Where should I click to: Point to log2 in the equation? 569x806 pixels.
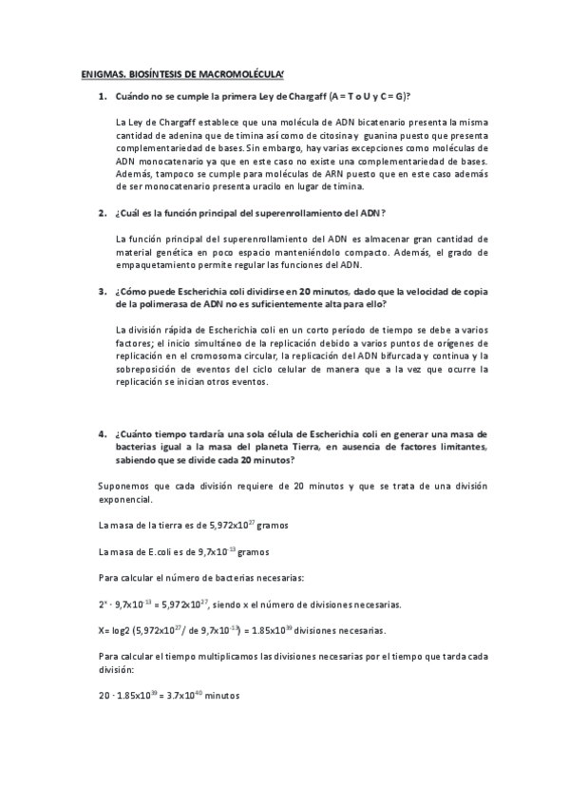(123, 630)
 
